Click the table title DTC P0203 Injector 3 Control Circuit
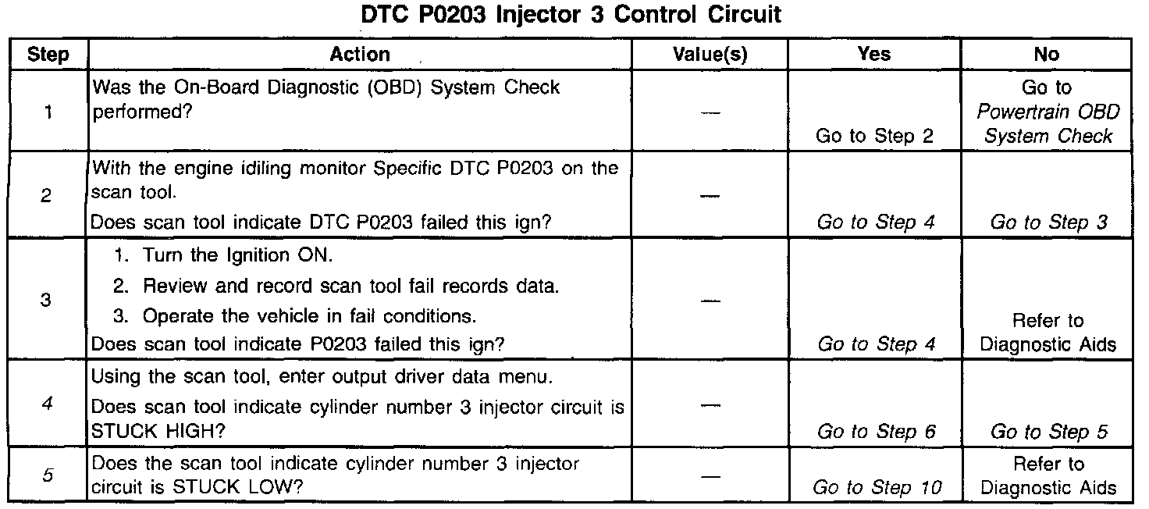pos(572,15)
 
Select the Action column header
pos(360,54)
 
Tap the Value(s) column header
pos(710,54)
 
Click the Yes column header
pos(873,54)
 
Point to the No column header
pos(1046,54)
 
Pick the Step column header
pos(48,55)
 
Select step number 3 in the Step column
pos(45,300)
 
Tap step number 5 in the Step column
pos(47,476)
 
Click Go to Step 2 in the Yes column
pos(874,137)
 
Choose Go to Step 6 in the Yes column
pos(875,431)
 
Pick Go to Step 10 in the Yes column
pos(877,489)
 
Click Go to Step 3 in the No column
pos(1048,222)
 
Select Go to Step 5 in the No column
pos(1048,431)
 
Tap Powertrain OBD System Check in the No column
pos(1048,124)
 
